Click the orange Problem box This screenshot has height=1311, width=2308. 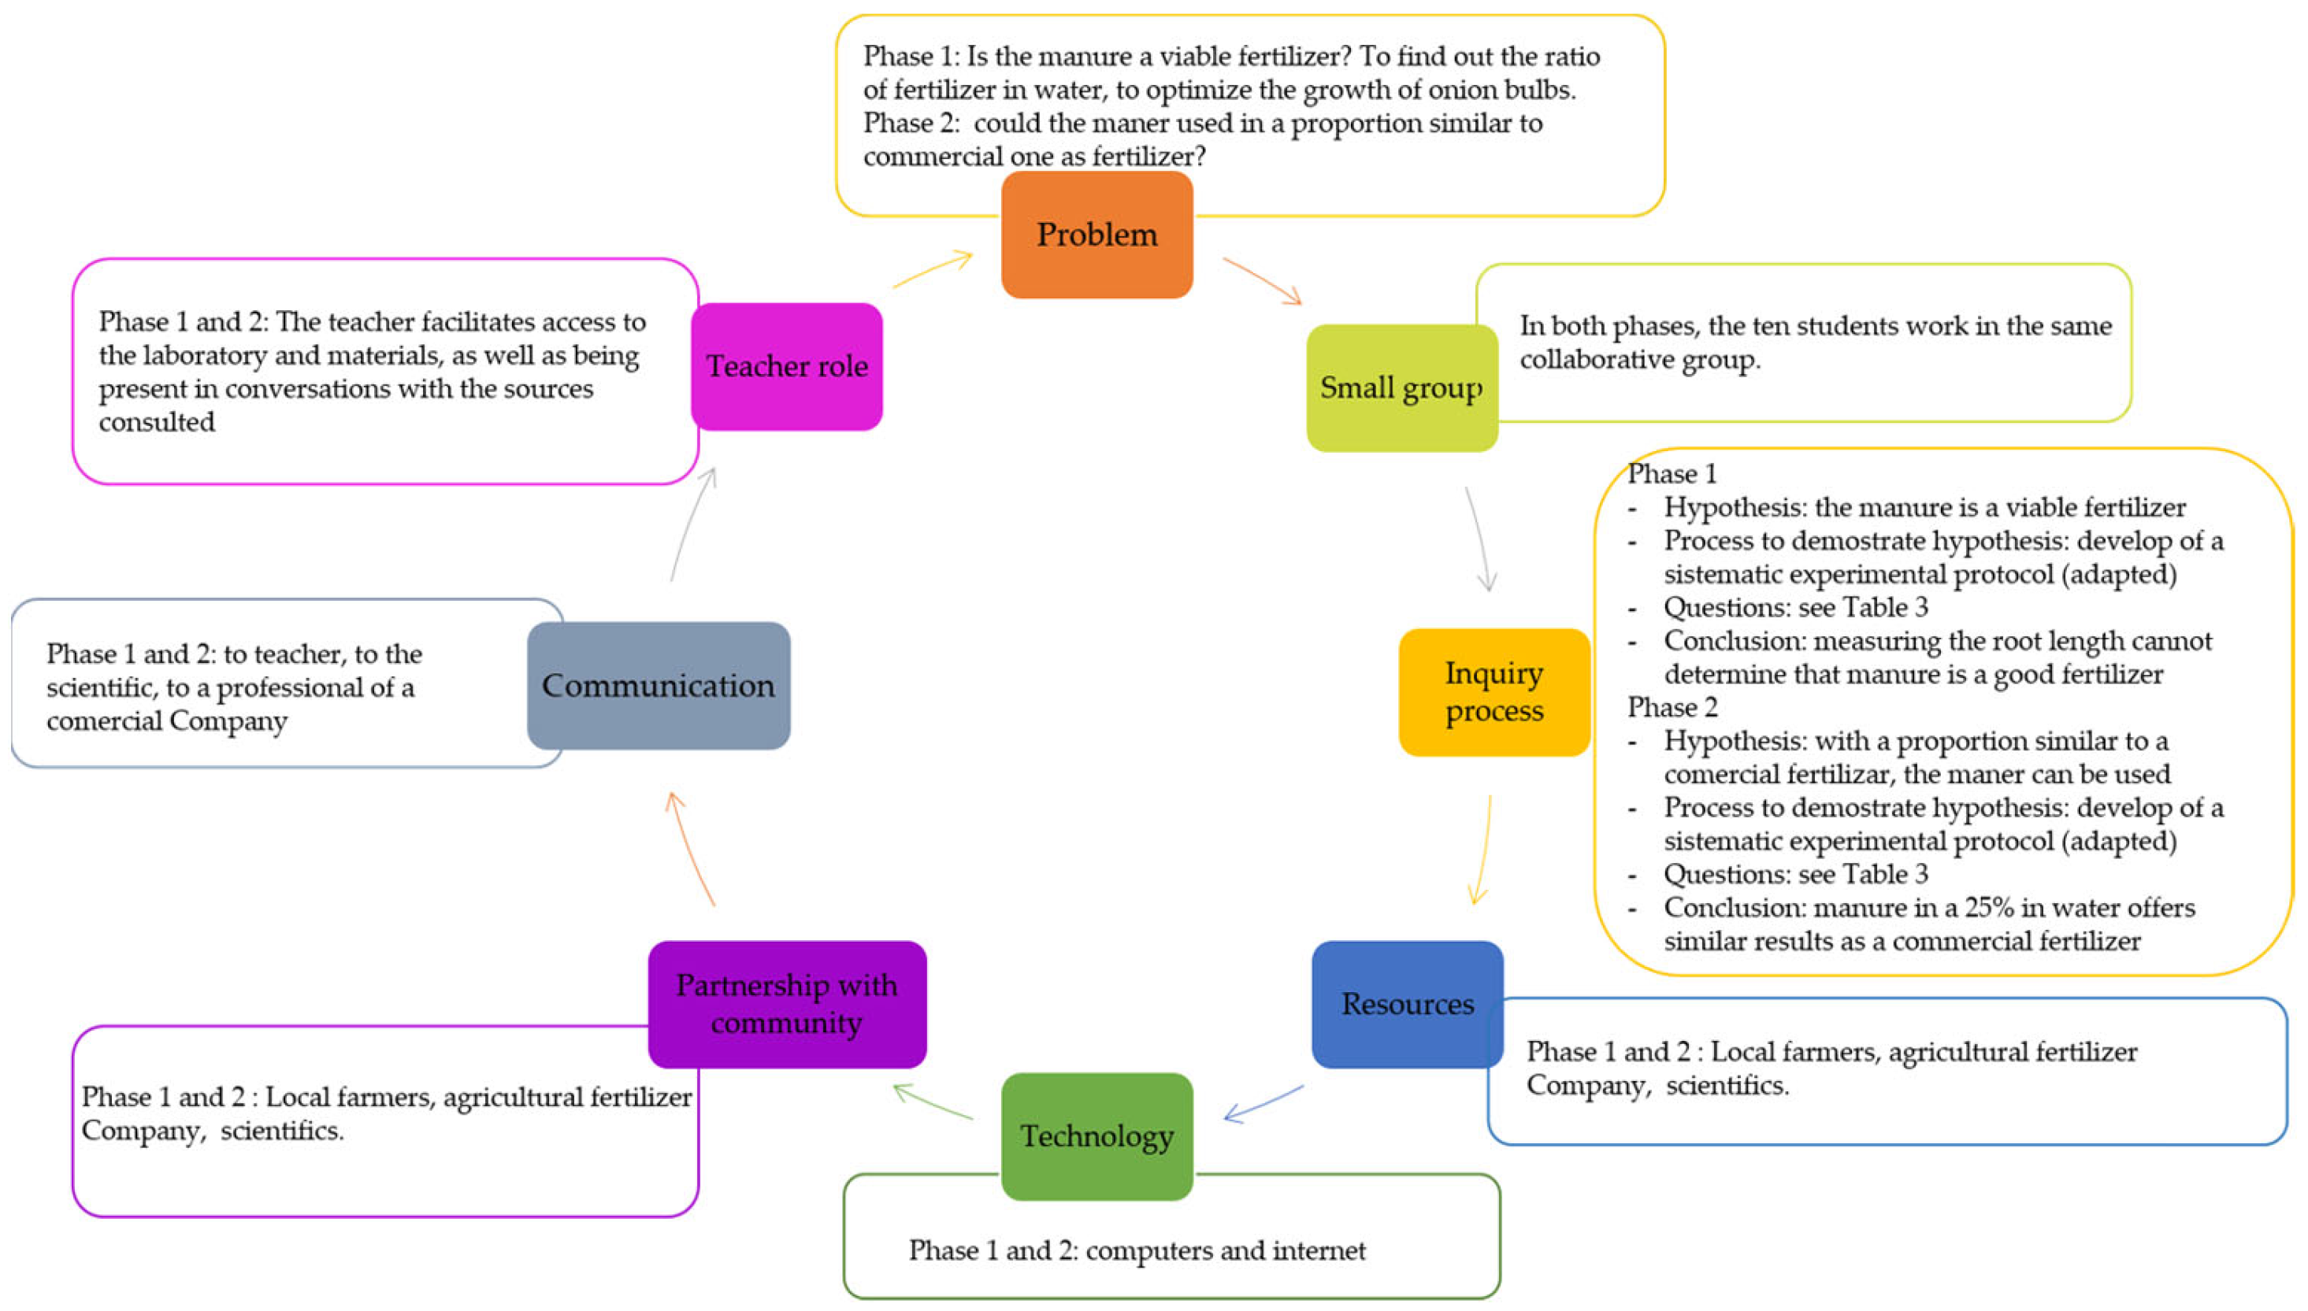pos(1096,235)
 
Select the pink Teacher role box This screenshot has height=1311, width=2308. pos(786,366)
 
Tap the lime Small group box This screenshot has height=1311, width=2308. pos(1401,388)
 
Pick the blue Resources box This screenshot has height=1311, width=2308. pos(1407,1004)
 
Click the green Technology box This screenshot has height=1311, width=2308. pos(1096,1136)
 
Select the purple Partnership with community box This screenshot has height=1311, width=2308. pos(786,1004)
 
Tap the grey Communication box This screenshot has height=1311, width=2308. pos(658,685)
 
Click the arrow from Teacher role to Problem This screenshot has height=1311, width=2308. pos(932,270)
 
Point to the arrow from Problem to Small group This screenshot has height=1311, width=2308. pos(1260,280)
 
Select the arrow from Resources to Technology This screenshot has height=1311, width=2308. pos(1263,1103)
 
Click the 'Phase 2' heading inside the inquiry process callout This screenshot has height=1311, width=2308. pos(1672,708)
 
